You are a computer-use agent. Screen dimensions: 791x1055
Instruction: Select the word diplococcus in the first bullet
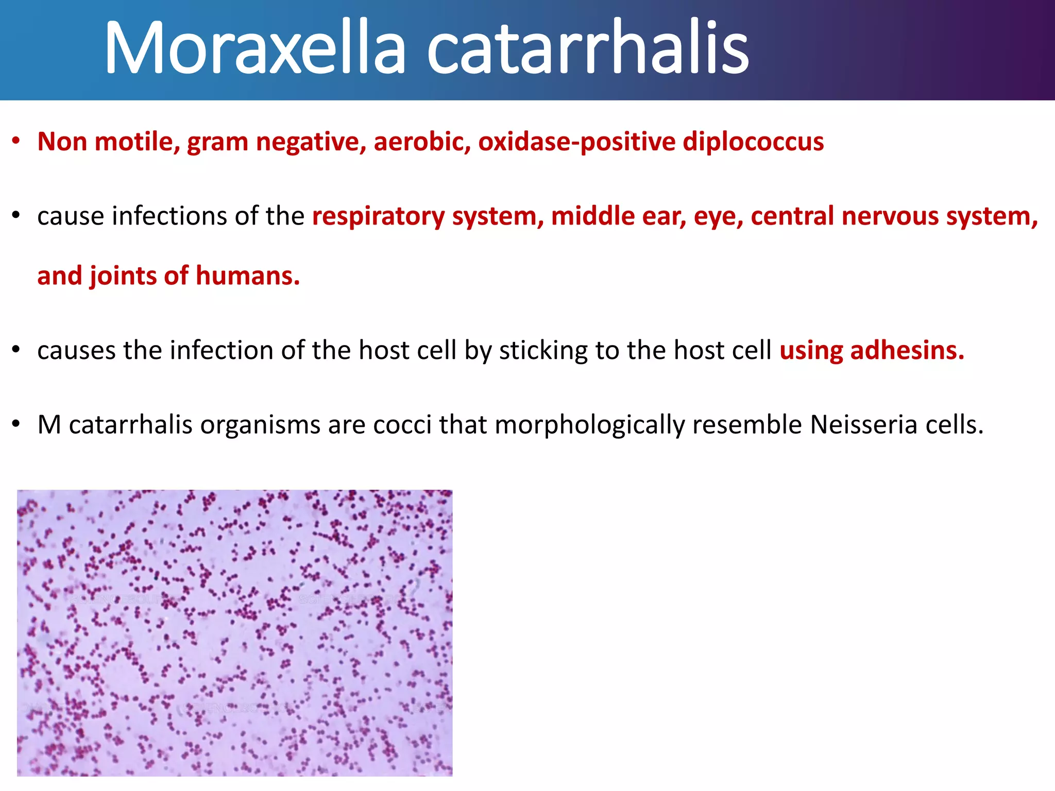point(753,142)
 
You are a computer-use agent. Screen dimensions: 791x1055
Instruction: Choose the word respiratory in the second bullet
point(378,216)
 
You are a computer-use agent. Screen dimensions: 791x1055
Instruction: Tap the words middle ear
point(618,216)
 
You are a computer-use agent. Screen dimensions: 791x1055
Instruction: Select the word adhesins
point(907,351)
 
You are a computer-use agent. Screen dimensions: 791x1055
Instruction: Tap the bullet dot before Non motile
point(16,141)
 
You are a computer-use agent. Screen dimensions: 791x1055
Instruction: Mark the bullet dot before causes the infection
point(16,350)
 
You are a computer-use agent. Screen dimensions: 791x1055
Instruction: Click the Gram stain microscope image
point(234,633)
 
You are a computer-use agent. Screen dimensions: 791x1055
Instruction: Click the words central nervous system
point(894,216)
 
